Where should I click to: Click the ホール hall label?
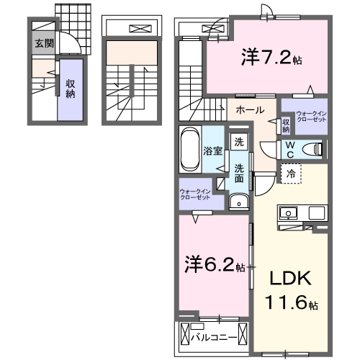click(x=249, y=110)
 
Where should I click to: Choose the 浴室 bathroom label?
click(x=212, y=151)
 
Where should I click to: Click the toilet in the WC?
click(x=314, y=150)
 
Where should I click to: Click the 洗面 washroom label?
click(x=239, y=174)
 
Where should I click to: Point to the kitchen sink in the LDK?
click(x=289, y=214)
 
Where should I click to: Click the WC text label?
click(x=289, y=148)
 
